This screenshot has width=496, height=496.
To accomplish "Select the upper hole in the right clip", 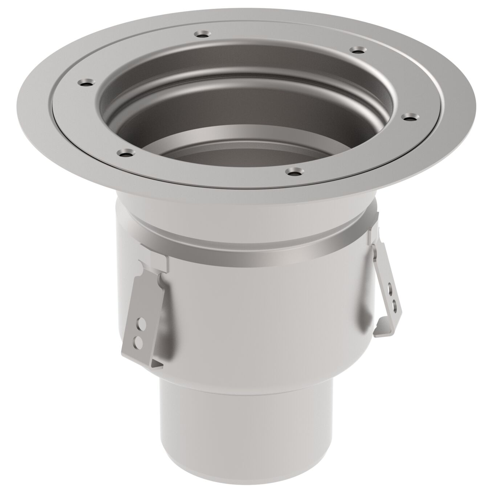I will tap(390, 291).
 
